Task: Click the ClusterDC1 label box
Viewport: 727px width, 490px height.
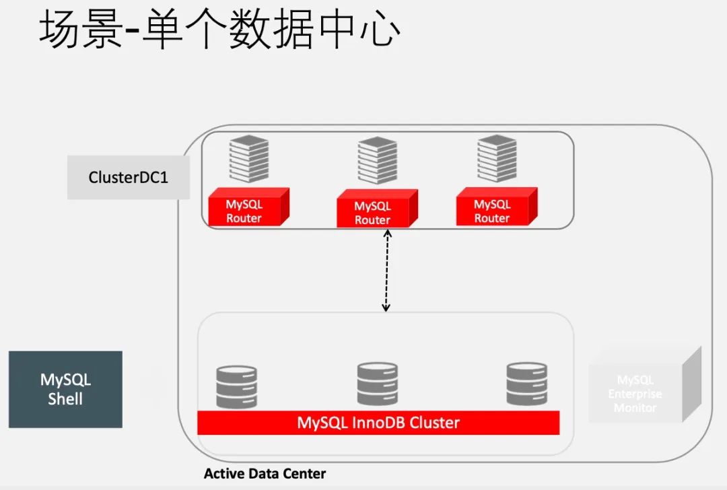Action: tap(128, 178)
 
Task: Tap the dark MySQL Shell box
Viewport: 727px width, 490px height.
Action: tap(65, 389)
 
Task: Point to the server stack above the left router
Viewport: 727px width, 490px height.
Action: tap(248, 159)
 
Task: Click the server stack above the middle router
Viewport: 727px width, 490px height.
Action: tap(377, 160)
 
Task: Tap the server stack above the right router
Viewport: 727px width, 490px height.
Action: tap(497, 158)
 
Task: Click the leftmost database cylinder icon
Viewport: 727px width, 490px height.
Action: tap(237, 386)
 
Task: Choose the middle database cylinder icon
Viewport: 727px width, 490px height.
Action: tap(377, 384)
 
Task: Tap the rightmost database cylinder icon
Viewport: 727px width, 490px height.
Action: tap(526, 383)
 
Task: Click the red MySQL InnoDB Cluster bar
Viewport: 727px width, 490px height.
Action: tap(378, 423)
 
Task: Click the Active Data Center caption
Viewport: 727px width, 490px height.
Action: tap(265, 474)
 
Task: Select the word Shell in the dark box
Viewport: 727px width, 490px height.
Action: tap(65, 398)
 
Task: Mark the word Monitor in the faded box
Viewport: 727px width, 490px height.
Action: tap(635, 407)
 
